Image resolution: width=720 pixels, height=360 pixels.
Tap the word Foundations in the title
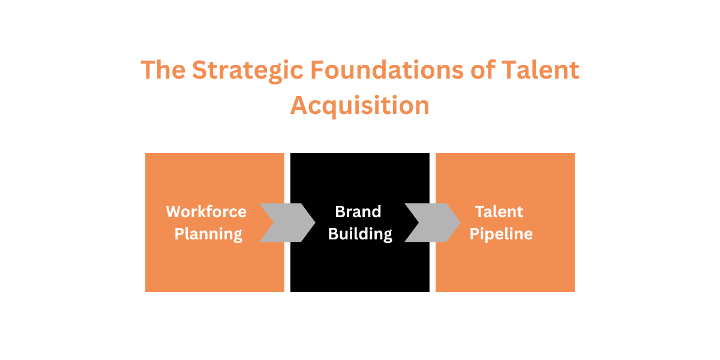[386, 71]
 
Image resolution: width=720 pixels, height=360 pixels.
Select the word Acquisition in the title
[360, 106]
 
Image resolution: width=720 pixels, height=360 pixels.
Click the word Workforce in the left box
[206, 212]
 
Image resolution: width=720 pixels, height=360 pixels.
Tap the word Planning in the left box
[208, 234]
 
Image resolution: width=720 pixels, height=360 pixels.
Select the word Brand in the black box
[358, 212]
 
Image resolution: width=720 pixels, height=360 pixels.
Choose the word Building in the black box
[360, 234]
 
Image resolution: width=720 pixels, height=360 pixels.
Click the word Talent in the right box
[499, 212]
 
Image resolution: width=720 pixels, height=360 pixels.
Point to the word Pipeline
[501, 234]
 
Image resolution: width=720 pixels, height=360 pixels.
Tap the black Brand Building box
[360, 270]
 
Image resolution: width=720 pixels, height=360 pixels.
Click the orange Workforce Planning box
[214, 270]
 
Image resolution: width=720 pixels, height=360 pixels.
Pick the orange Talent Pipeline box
[505, 270]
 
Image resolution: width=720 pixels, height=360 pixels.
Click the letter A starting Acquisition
[299, 106]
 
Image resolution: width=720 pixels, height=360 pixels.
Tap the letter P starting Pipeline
[475, 234]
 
